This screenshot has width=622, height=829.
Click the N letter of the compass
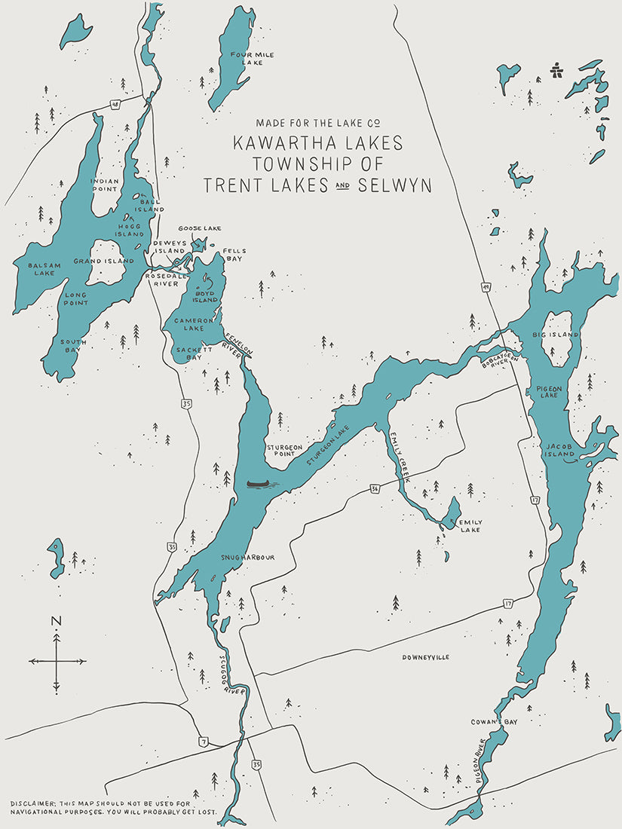[56, 621]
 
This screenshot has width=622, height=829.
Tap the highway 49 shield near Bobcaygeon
[486, 286]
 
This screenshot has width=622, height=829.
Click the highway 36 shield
[375, 488]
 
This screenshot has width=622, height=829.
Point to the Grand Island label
[103, 262]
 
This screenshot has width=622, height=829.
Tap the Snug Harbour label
[247, 558]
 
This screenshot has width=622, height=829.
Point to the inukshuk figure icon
[558, 70]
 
